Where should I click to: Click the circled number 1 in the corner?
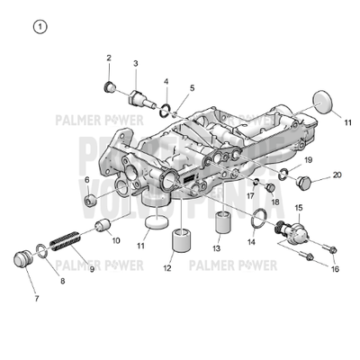coord(38,26)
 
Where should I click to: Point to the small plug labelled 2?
coord(110,86)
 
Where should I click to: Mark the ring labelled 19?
coord(282,173)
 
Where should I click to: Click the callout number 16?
coord(335,268)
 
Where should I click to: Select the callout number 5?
coord(192,89)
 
